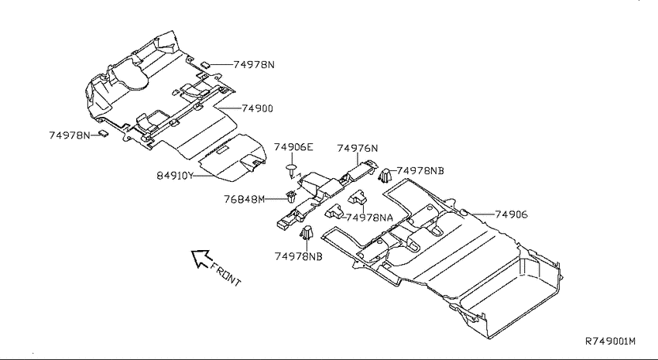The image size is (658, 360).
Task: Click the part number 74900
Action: pos(257,108)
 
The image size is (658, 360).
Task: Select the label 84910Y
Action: pos(175,176)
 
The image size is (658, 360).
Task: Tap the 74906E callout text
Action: pos(293,147)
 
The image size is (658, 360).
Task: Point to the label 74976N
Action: pos(358,148)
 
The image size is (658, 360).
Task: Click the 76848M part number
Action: pos(244,199)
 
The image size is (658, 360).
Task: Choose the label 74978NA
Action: pos(370,218)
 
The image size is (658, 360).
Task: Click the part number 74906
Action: pos(511,214)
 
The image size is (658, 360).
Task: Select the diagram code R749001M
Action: pos(610,341)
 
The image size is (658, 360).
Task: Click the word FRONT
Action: pos(226,274)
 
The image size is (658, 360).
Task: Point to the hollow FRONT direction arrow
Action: pos(200,258)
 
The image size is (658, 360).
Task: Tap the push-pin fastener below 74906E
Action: pos(291,170)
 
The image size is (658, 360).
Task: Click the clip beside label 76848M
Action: pos(290,197)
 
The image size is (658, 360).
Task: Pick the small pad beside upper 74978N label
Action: pos(205,64)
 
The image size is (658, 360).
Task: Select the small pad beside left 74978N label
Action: pos(103,134)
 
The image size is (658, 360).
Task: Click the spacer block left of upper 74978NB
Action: pos(385,177)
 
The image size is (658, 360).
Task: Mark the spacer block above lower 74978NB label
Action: pos(307,232)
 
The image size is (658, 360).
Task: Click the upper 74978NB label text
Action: pos(420,171)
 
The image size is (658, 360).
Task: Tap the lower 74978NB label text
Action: pos(298,256)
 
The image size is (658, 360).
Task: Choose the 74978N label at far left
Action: pos(70,135)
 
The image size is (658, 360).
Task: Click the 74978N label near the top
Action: pos(254,64)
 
